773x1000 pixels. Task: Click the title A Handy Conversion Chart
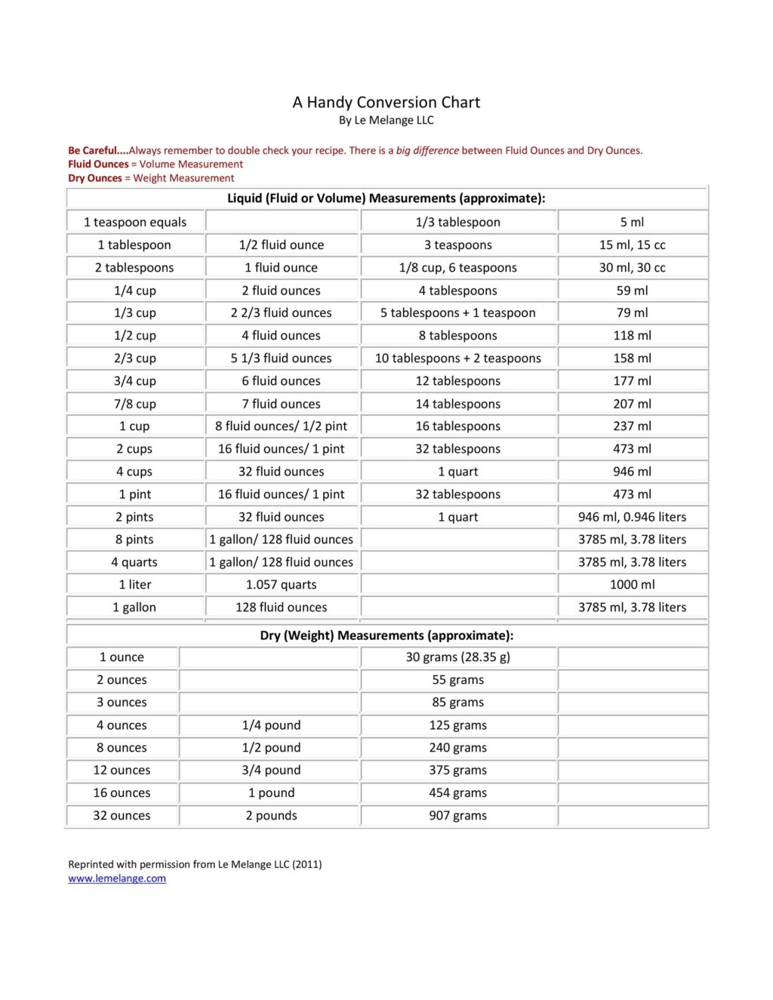pos(386,103)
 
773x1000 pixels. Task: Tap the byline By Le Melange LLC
pos(386,121)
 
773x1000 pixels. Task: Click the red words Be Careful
pos(93,151)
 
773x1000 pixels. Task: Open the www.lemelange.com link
pos(117,878)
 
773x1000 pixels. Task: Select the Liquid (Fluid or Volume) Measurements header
pos(386,198)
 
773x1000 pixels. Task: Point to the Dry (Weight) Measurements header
pos(386,635)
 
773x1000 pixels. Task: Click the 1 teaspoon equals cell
pos(135,222)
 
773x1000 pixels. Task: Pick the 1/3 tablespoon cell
pos(457,222)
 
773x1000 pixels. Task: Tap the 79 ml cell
pos(632,312)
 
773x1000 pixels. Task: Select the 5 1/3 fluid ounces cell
pos(281,358)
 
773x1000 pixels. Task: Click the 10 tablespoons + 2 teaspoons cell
pos(457,358)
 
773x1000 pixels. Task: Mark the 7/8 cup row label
pos(135,404)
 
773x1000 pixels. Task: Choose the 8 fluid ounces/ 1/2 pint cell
pos(281,426)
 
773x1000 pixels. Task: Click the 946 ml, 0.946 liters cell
pos(632,517)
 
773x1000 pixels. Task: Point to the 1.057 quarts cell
pos(281,585)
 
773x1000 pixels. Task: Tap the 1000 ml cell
pos(632,585)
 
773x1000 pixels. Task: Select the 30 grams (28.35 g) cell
pos(457,657)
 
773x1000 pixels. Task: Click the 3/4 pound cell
pos(271,771)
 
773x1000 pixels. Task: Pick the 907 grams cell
pos(457,816)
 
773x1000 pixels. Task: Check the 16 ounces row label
pos(122,793)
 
